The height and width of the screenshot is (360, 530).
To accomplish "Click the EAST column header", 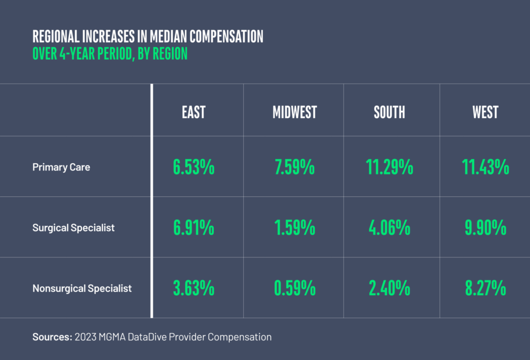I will coord(194,112).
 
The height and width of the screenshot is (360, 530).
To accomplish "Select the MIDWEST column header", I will coord(295,112).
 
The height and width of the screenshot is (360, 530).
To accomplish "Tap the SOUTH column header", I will coord(389,112).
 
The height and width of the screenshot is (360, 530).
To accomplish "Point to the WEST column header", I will coord(485,112).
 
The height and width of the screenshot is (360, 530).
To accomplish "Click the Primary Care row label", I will coord(61,167).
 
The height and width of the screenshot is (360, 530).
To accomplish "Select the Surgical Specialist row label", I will coord(73,227).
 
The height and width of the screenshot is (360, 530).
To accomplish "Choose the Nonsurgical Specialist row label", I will coord(82,288).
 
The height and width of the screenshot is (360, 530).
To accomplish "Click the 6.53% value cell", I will coord(194,167).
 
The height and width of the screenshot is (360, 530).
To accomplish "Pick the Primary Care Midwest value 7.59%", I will coord(295,167).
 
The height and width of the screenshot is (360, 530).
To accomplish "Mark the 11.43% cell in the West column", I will coord(486,167).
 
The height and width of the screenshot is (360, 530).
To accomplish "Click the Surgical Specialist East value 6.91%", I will coord(194,227).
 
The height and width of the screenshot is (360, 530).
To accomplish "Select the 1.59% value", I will coord(295,227).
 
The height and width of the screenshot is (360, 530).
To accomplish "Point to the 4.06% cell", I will coord(390,227).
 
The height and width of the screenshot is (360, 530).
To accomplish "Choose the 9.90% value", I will coord(486,227).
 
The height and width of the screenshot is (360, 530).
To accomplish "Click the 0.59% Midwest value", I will coord(295,288).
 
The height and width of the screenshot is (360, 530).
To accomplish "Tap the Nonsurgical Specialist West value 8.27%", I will coord(486,288).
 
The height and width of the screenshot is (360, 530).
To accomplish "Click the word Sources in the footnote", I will coord(52,337).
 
